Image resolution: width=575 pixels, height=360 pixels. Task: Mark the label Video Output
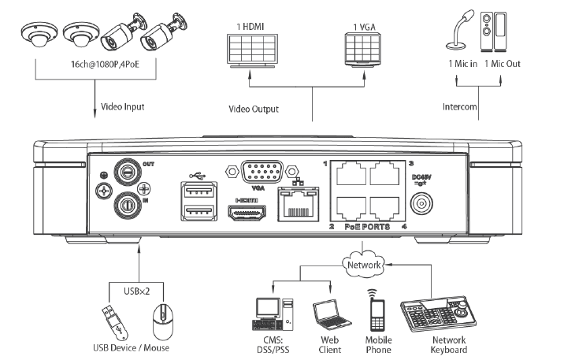point(254,109)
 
